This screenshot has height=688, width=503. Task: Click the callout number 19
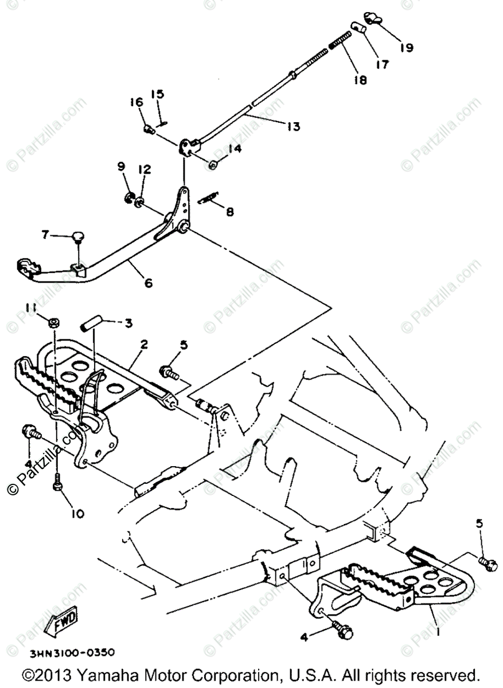click(x=406, y=48)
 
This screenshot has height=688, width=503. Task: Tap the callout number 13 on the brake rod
click(x=293, y=126)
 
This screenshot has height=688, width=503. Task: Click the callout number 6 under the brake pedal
click(x=149, y=283)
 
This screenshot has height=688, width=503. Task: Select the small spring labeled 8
click(x=207, y=198)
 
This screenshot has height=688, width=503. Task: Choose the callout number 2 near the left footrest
click(x=144, y=344)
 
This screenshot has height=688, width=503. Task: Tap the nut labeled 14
click(x=212, y=165)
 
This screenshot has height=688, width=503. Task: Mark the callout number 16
click(x=136, y=102)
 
